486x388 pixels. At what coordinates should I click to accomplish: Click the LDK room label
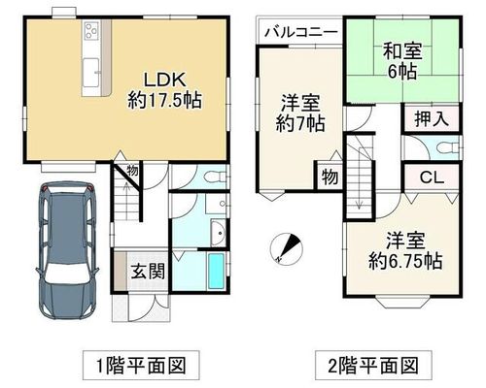(164, 80)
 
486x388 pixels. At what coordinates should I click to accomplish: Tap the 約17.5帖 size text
(164, 100)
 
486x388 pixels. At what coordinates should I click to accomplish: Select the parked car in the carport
(68, 250)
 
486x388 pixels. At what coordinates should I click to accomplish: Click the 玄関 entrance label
(148, 271)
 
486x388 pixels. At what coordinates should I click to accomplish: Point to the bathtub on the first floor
(216, 271)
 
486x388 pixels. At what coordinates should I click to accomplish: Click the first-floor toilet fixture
(216, 177)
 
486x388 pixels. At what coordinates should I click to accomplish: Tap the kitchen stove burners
(91, 30)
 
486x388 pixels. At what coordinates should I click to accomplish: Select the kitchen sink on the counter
(91, 73)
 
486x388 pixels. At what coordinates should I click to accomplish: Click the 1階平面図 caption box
(141, 366)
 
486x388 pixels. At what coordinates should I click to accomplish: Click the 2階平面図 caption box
(373, 366)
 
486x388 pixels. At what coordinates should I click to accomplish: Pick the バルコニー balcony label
(301, 32)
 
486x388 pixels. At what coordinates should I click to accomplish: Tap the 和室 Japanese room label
(402, 51)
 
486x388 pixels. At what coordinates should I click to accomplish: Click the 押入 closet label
(432, 118)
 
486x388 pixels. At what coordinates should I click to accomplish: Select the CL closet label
(432, 178)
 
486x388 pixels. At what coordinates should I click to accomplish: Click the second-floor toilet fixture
(448, 148)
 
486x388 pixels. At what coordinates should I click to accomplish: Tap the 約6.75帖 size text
(405, 261)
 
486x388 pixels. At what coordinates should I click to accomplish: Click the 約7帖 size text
(300, 123)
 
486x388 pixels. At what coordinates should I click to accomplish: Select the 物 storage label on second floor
(330, 177)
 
